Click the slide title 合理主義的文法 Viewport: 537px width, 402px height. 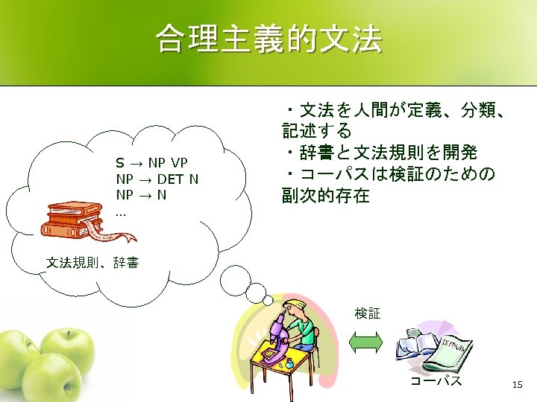tap(268, 39)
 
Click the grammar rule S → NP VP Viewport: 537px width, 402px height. tap(152, 163)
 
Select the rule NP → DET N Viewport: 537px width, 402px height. tap(157, 179)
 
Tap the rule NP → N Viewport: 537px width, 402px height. tap(141, 194)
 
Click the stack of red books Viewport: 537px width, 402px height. tap(75, 217)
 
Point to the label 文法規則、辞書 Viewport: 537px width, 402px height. tap(92, 263)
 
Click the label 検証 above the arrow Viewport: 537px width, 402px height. tap(367, 313)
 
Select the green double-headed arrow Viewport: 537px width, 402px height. tap(365, 342)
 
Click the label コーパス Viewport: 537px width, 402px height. tap(436, 382)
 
